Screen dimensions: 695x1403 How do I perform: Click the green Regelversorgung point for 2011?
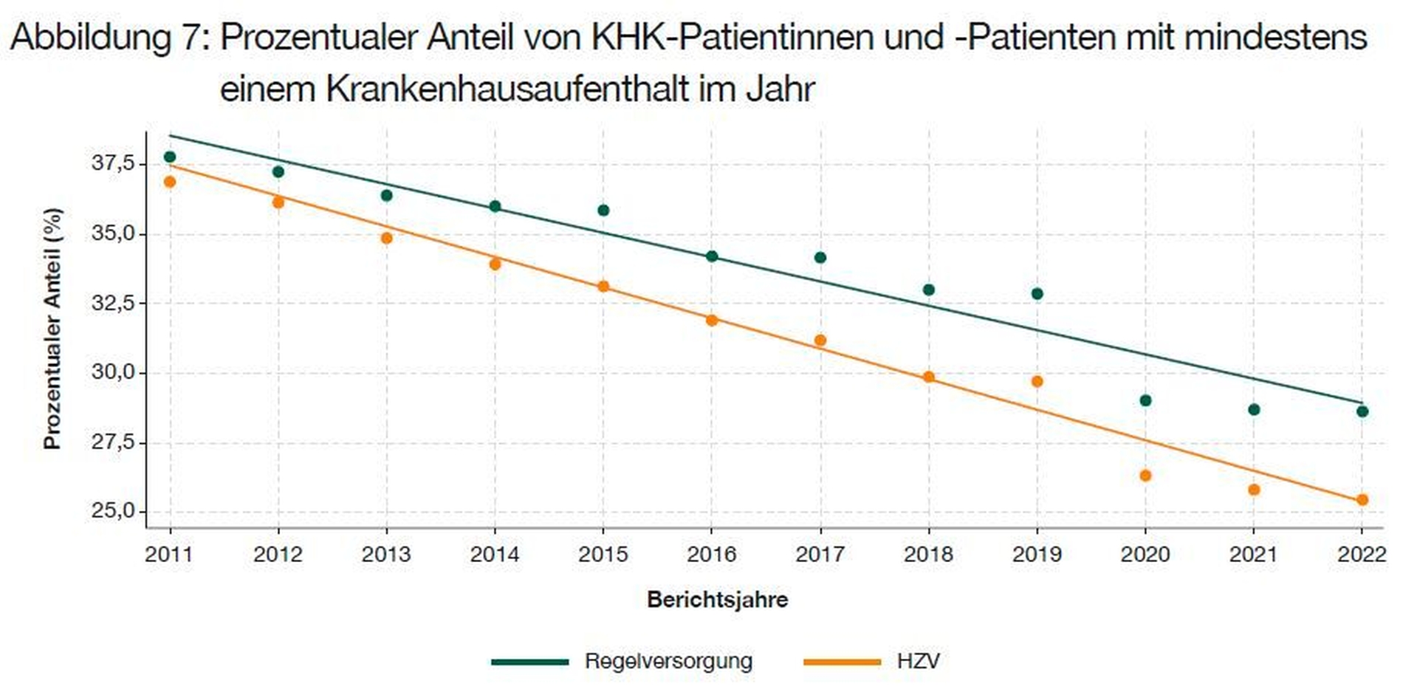(x=170, y=157)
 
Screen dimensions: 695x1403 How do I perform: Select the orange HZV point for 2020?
(x=1145, y=476)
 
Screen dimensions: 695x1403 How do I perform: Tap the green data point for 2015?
(x=603, y=210)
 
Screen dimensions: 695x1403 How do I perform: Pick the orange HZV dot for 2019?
(x=1037, y=382)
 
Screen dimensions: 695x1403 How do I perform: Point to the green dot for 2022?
(x=1362, y=411)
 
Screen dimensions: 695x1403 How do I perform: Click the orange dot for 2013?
(x=386, y=239)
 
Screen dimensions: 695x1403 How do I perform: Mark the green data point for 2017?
(x=820, y=258)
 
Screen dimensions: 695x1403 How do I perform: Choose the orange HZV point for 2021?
(x=1254, y=490)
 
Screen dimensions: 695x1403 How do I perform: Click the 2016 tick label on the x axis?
(x=711, y=555)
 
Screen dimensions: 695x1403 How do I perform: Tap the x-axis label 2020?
(x=1145, y=555)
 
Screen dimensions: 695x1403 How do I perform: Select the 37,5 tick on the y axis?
(x=113, y=163)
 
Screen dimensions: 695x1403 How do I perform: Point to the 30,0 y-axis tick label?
(x=113, y=372)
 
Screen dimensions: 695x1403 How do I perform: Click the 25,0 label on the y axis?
(x=113, y=511)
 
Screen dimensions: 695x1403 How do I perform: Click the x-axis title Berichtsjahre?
(x=717, y=600)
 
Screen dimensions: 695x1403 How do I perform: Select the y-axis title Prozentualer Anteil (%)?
(x=52, y=329)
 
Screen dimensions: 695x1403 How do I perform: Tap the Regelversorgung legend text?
(x=668, y=661)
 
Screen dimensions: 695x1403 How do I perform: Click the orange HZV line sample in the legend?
(x=842, y=662)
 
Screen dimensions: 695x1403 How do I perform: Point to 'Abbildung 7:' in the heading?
(x=106, y=37)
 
